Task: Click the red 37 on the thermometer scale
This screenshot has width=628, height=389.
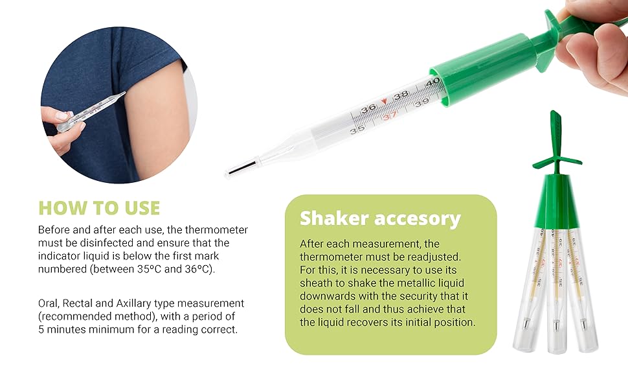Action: pos(390,117)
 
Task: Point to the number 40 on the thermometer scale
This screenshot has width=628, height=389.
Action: pos(432,82)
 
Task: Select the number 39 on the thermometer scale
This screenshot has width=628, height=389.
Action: pos(421,102)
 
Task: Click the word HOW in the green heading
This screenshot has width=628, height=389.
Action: pos(62,208)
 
